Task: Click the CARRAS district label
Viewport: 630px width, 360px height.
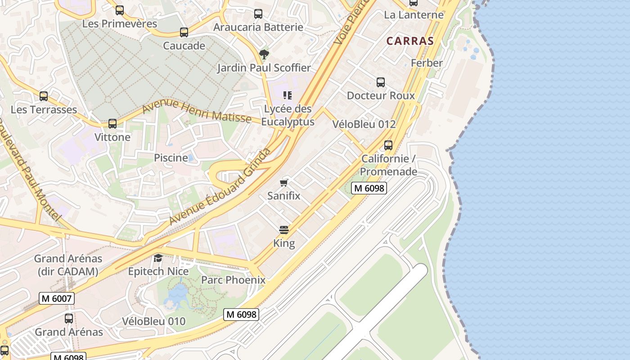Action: coord(410,41)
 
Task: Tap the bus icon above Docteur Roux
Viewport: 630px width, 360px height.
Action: coord(381,82)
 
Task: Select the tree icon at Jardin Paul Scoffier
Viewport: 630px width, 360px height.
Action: coord(264,55)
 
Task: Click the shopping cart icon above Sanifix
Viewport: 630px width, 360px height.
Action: coord(283,183)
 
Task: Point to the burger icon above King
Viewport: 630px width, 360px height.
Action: coord(283,230)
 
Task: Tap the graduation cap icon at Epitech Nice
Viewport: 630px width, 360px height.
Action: coord(158,258)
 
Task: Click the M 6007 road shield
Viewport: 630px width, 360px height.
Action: coord(56,298)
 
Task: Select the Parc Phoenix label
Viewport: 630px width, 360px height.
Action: coord(233,280)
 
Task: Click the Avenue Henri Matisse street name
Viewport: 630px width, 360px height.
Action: coord(197,111)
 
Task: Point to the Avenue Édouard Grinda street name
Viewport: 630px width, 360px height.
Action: coord(220,186)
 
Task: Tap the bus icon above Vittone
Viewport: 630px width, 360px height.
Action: coord(112,124)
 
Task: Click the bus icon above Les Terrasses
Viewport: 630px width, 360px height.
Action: coord(44,96)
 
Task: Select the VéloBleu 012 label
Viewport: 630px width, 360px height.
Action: coord(364,124)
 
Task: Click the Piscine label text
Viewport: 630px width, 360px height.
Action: coord(171,158)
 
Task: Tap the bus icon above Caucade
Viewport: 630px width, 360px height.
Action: coord(184,32)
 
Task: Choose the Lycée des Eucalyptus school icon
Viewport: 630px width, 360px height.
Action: coord(288,95)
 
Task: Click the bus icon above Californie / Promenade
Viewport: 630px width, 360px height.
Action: coord(388,145)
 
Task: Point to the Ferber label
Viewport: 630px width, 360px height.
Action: coord(427,63)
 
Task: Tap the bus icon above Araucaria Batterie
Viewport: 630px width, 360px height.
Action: coord(258,14)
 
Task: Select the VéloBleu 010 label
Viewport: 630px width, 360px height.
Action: coord(153,321)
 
